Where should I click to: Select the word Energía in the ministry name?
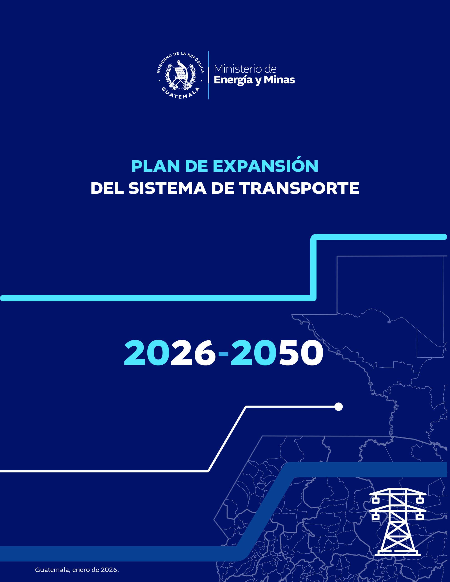point(233,80)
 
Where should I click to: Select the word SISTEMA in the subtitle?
point(168,188)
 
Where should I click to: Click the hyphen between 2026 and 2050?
point(223,354)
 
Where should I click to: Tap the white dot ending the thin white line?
point(339,407)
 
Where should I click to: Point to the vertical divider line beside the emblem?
point(209,75)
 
